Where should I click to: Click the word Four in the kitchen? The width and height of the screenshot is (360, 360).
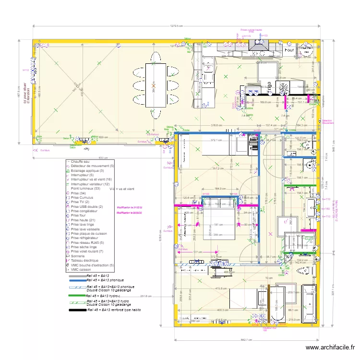pyautogui.click(x=289, y=49)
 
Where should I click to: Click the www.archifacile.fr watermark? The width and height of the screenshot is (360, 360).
pyautogui.click(x=331, y=347)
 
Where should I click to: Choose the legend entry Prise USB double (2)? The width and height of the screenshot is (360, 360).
pyautogui.click(x=86, y=206)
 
